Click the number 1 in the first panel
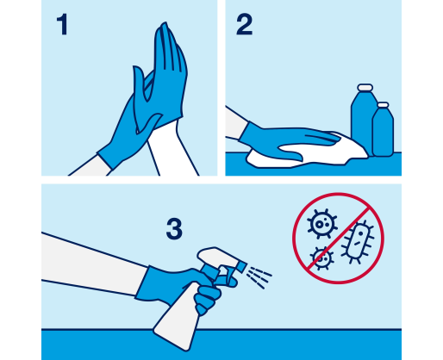(x=62, y=25)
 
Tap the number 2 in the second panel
(x=244, y=25)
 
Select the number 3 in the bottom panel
(x=174, y=229)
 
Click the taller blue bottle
(x=362, y=121)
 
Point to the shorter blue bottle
(x=383, y=132)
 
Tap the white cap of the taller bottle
(x=365, y=87)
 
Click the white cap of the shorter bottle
(x=383, y=105)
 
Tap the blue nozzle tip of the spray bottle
(x=241, y=266)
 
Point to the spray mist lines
(x=259, y=277)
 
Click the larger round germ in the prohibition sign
(x=321, y=224)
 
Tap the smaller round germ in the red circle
(x=322, y=258)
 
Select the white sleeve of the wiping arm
(x=235, y=123)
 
